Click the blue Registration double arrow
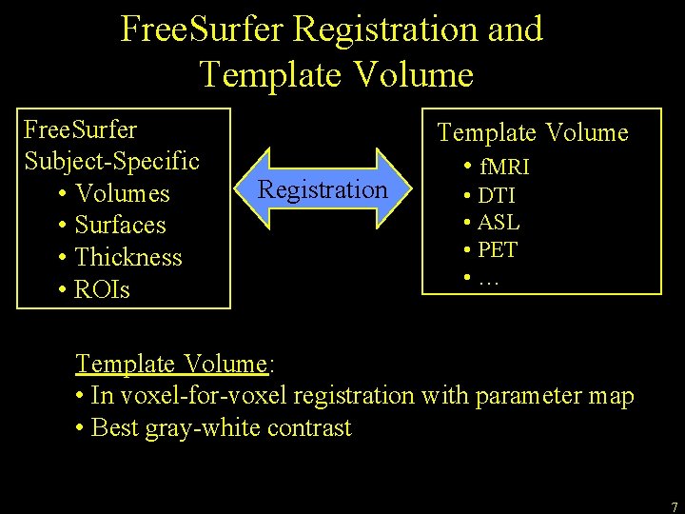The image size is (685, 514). click(323, 188)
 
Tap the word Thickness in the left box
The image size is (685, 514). click(127, 257)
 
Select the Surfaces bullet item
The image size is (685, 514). click(120, 226)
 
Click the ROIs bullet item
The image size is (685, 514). click(102, 289)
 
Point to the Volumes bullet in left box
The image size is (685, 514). click(122, 194)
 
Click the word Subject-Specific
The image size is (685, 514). click(111, 160)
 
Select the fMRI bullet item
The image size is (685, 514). click(504, 168)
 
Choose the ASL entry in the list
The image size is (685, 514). click(498, 223)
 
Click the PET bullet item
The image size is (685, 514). click(498, 250)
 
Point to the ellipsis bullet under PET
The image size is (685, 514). click(489, 278)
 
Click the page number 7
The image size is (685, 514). click(674, 506)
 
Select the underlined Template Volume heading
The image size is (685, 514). click(171, 364)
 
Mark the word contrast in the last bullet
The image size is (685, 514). click(310, 428)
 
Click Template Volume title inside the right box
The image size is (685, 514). click(533, 132)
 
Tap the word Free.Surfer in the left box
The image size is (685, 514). click(80, 128)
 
